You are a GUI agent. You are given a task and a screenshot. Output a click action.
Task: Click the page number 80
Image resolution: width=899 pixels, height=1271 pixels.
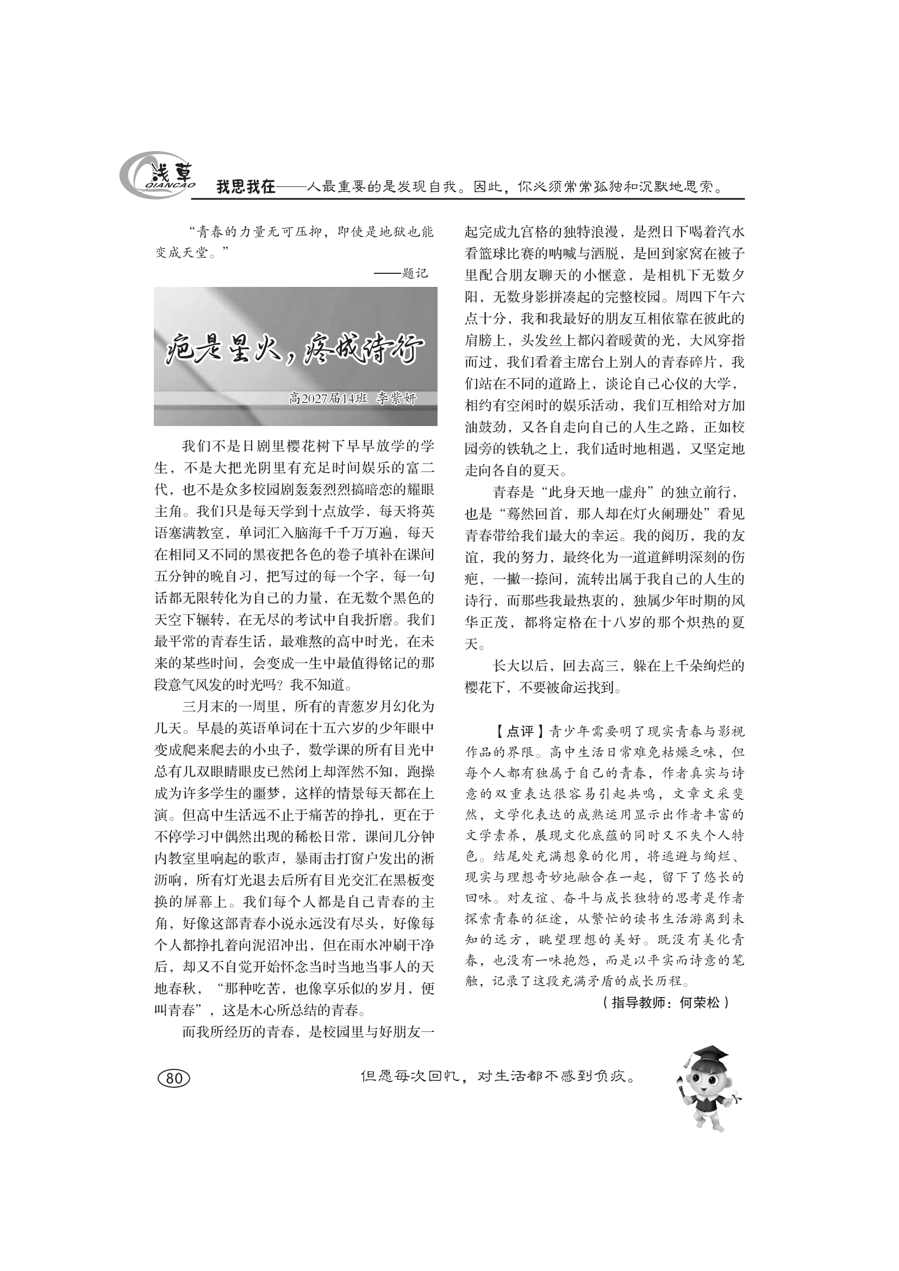[174, 1078]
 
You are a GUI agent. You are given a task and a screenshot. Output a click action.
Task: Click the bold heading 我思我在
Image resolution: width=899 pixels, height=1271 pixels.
[245, 187]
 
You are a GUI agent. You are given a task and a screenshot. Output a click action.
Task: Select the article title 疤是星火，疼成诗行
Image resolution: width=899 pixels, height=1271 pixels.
[295, 351]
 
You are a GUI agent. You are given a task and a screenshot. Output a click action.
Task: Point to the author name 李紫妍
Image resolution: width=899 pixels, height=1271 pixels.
[396, 398]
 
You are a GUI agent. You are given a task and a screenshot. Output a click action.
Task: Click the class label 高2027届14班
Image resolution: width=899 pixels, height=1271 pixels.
[328, 398]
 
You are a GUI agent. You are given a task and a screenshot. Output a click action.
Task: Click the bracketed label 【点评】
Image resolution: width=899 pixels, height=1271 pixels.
[513, 732]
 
